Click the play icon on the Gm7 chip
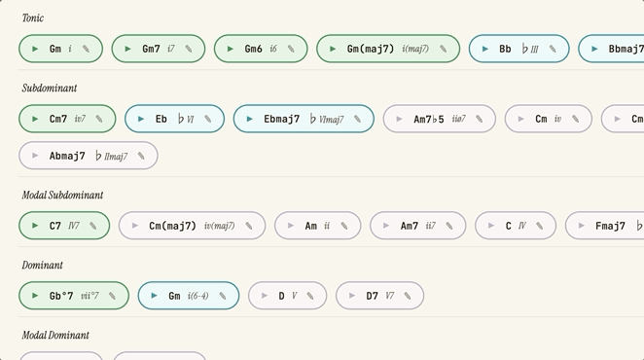[x=127, y=49]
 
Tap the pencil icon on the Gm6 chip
[x=291, y=49]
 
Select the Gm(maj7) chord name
[x=370, y=49]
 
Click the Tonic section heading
[x=33, y=18]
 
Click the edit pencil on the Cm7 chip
[x=99, y=119]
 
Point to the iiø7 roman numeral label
[x=459, y=119]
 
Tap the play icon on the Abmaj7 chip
[x=35, y=156]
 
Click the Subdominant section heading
[x=50, y=88]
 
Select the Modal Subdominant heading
[x=62, y=195]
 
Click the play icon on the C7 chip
[x=35, y=226]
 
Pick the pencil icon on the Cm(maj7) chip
[x=249, y=226]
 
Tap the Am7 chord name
[x=410, y=226]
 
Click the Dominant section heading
[x=42, y=265]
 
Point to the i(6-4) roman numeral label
[x=197, y=296]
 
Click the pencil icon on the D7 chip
[x=408, y=296]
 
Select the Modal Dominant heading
[x=55, y=336]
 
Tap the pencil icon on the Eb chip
[x=208, y=119]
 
